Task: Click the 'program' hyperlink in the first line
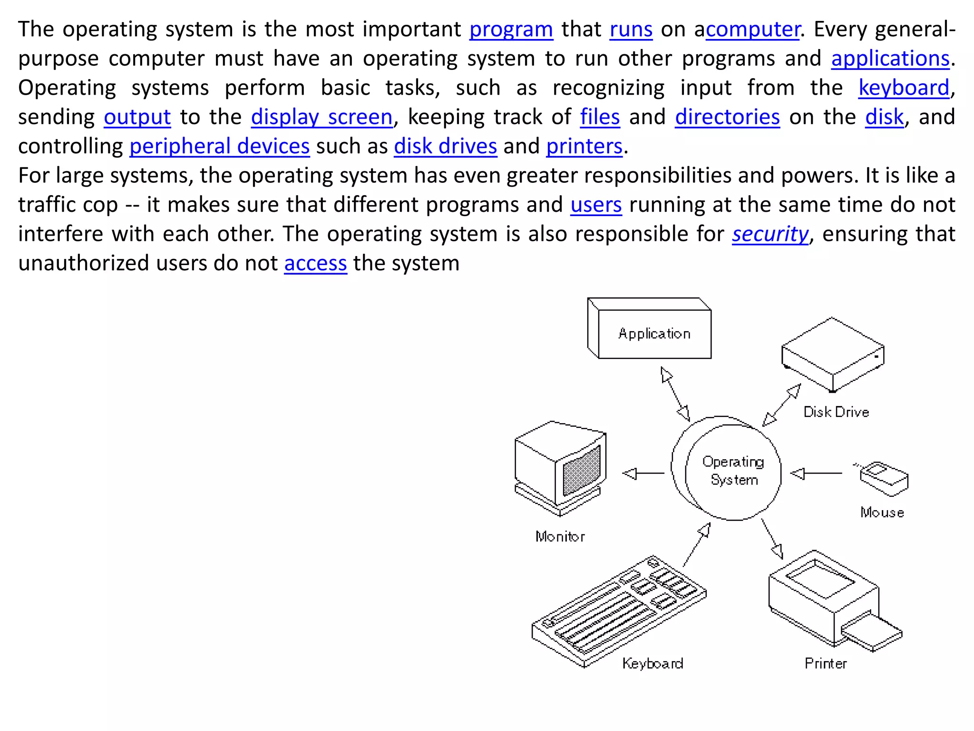(511, 30)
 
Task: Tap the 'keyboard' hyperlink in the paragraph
(904, 88)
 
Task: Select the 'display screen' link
(322, 117)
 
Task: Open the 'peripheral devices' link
(219, 146)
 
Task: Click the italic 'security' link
(770, 234)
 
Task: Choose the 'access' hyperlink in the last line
(315, 263)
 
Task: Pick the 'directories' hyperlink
(727, 117)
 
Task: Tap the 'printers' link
(584, 146)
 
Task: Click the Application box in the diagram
(654, 334)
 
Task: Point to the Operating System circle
(733, 471)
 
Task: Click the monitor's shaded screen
(581, 471)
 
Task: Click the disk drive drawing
(833, 355)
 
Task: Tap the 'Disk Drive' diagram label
(836, 412)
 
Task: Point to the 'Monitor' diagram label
(560, 537)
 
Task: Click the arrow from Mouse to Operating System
(816, 474)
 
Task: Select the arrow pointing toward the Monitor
(643, 474)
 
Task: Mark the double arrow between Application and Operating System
(675, 394)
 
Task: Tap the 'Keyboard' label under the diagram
(653, 663)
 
